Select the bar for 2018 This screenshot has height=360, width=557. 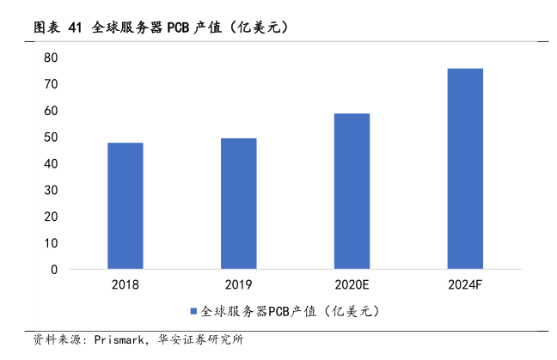[125, 206]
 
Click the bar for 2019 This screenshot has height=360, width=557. [238, 204]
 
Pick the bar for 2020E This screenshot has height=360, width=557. [352, 192]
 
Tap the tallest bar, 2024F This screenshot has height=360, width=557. [465, 168]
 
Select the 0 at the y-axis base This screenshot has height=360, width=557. [53, 270]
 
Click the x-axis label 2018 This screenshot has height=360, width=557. [125, 284]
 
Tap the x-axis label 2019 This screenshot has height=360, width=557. [238, 284]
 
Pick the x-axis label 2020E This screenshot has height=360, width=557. [352, 284]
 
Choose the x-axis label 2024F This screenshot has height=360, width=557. [465, 284]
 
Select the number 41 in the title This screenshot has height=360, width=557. [75, 28]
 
